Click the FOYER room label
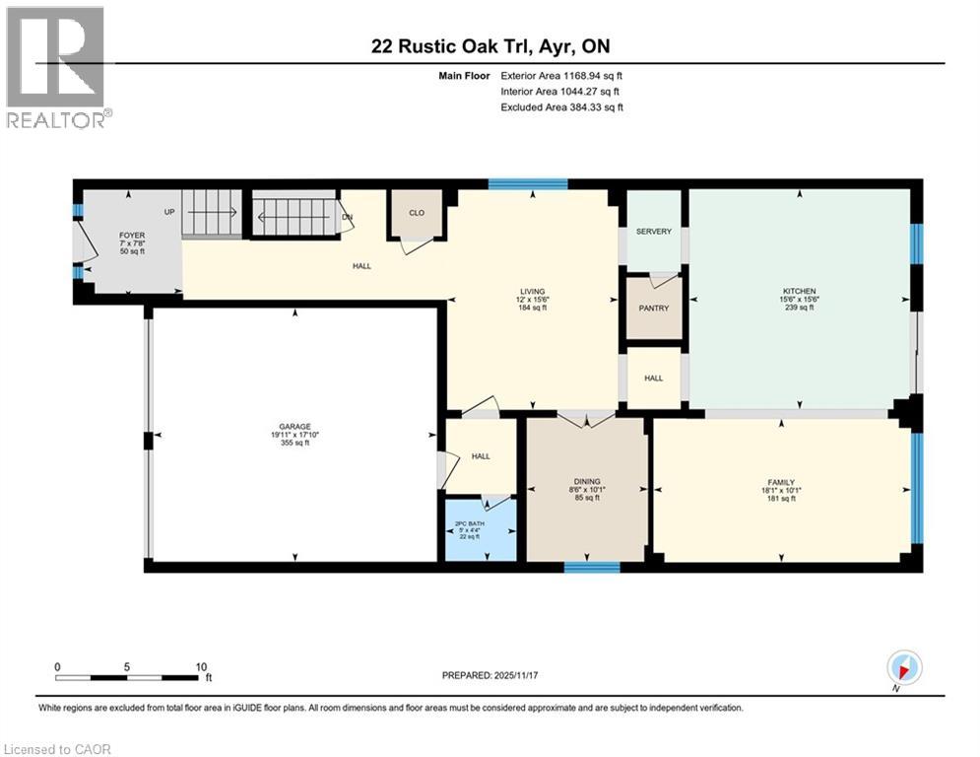point(132,236)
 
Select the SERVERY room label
point(653,232)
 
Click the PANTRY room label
point(653,309)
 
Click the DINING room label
point(587,482)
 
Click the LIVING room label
point(532,292)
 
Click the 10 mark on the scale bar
point(200,666)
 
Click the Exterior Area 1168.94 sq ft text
point(561,75)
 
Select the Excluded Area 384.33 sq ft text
point(561,107)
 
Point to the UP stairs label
point(169,212)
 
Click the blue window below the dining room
point(591,567)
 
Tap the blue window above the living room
point(528,183)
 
